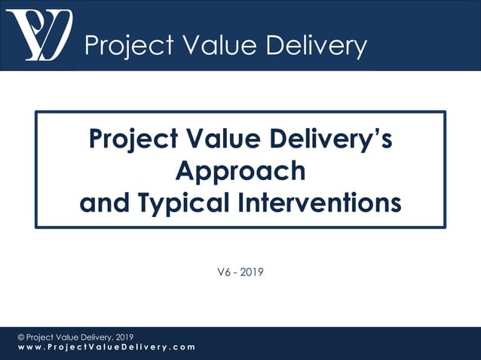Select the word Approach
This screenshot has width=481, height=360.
click(x=240, y=172)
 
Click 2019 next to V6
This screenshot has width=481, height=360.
click(x=252, y=272)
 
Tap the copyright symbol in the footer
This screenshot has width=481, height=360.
click(x=21, y=337)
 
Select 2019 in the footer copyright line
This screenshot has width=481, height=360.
click(x=122, y=337)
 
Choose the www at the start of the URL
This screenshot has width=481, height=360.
click(x=29, y=347)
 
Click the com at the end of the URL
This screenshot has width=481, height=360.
click(x=181, y=347)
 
